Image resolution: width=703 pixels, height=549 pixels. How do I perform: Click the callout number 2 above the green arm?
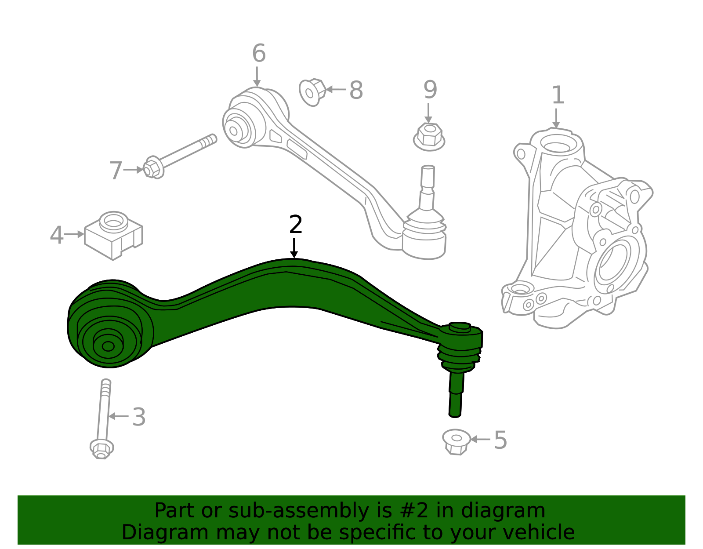[x=296, y=225]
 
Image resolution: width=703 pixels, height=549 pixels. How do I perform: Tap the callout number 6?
[x=259, y=54]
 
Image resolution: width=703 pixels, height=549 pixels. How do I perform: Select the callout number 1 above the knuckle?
[x=558, y=95]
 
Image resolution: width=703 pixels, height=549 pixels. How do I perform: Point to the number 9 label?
[x=430, y=90]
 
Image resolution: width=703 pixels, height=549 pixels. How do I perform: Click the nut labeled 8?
[x=312, y=92]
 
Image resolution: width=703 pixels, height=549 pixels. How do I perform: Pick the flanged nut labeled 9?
[x=429, y=136]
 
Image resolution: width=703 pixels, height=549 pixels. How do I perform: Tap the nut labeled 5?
[x=456, y=441]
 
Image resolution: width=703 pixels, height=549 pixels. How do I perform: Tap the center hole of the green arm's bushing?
[x=108, y=346]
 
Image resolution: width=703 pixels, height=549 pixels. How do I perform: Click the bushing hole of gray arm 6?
[x=233, y=131]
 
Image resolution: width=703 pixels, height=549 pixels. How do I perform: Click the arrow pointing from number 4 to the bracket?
[x=74, y=234]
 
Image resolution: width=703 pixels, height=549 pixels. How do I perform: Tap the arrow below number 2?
[x=294, y=248]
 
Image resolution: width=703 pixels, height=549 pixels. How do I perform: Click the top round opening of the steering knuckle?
[x=556, y=145]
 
